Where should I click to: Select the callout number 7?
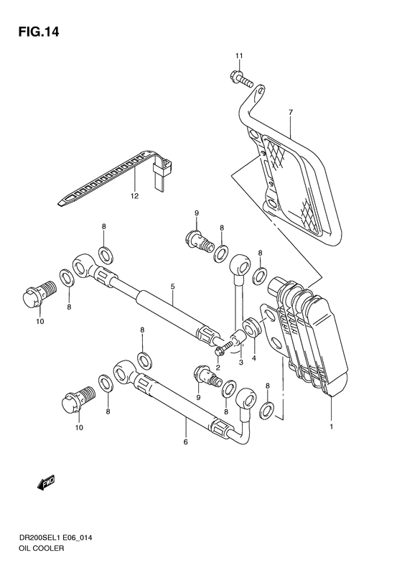291,113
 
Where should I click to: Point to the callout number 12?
134,195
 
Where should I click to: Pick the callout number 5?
172,286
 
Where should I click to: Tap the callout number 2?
217,366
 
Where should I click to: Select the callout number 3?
241,363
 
